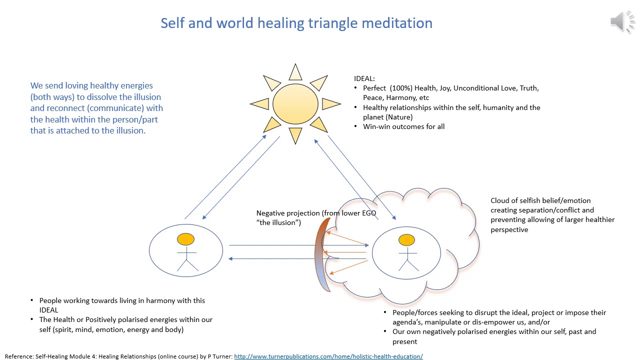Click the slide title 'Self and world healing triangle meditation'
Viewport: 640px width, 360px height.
pyautogui.click(x=296, y=23)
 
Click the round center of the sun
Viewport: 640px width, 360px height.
pyautogui.click(x=295, y=104)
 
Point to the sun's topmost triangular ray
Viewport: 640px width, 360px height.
pyautogui.click(x=295, y=73)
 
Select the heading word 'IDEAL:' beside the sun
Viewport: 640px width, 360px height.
pyautogui.click(x=364, y=78)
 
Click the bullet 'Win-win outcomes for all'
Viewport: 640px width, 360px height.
pyautogui.click(x=403, y=126)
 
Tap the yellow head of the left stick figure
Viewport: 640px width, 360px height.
pyautogui.click(x=185, y=239)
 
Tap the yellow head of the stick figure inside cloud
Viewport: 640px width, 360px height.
pyautogui.click(x=406, y=240)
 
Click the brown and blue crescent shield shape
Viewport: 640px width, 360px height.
pyautogui.click(x=321, y=255)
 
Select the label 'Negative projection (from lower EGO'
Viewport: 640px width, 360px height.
pyautogui.click(x=316, y=213)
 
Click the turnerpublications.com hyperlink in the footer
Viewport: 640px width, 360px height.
pyautogui.click(x=328, y=356)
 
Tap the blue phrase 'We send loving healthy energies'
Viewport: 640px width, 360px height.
pyautogui.click(x=91, y=85)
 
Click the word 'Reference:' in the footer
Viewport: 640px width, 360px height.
pyautogui.click(x=19, y=356)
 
